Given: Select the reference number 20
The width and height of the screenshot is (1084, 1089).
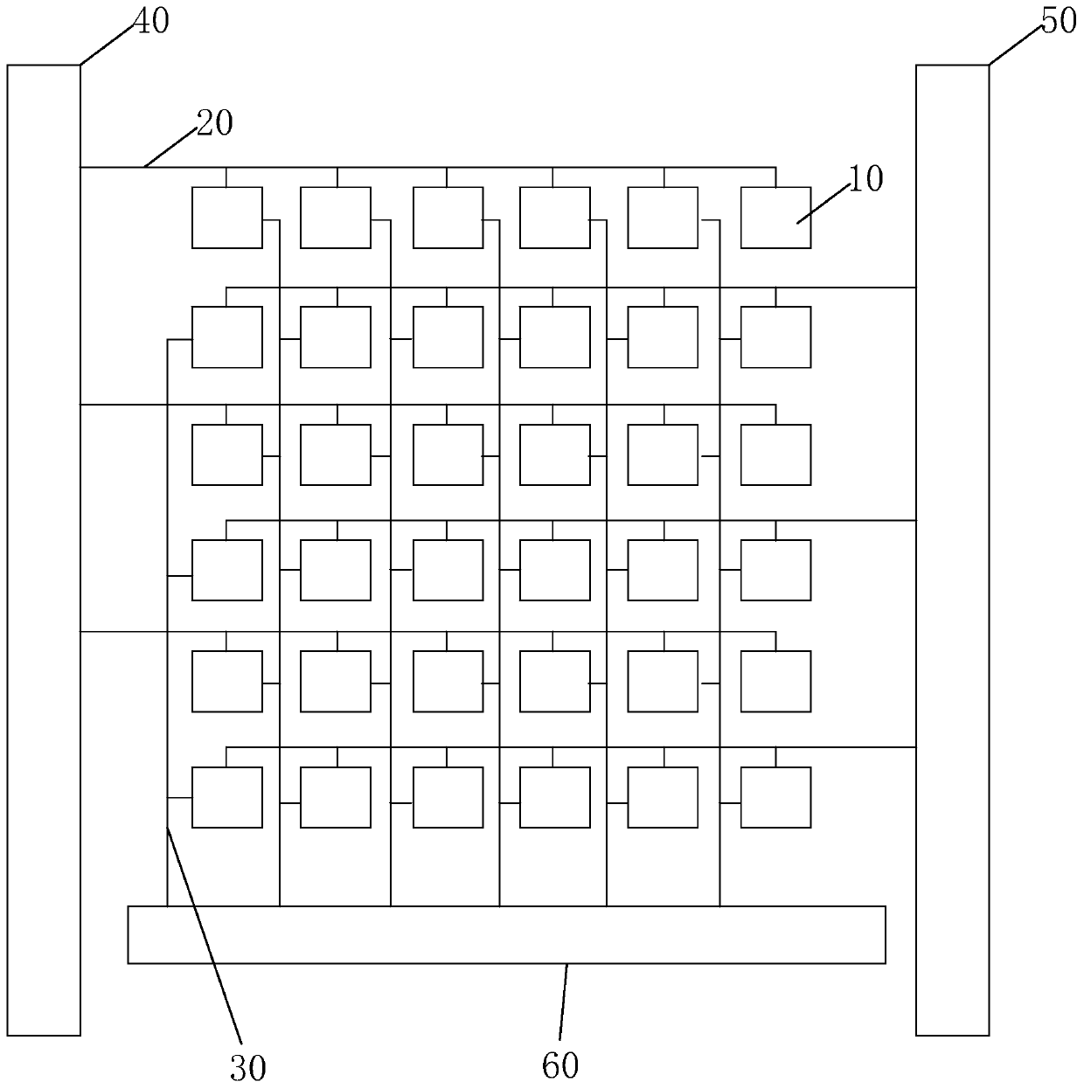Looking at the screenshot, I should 214,123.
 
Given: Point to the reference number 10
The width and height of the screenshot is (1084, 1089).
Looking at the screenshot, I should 866,178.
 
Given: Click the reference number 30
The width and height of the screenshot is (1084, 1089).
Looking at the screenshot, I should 247,1066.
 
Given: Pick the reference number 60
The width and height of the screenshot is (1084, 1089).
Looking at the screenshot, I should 560,1065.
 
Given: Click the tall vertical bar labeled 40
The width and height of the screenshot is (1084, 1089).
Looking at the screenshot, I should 44,551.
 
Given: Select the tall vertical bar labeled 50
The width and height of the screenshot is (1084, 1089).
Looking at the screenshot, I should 952,551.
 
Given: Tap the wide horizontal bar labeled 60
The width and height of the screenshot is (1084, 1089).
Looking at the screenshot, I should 506,934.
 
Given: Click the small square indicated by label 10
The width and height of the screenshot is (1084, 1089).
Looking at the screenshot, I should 775,218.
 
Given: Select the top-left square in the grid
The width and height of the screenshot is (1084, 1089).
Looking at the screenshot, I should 227,218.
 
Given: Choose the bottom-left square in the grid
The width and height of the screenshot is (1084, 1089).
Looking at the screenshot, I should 227,797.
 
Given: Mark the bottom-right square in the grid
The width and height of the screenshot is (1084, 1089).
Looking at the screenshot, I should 775,797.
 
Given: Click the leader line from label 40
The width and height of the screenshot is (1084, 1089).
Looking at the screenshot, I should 107,43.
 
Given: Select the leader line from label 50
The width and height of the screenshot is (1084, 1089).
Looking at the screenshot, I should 1014,43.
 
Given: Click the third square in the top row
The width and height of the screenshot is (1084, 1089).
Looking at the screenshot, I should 448,218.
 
